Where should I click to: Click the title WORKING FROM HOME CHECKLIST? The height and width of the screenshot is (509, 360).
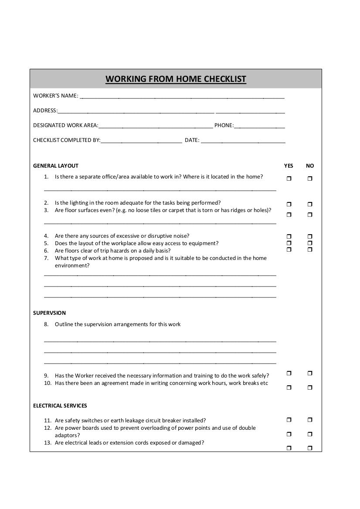tap(176, 79)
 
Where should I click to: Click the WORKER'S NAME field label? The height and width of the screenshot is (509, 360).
tap(55, 96)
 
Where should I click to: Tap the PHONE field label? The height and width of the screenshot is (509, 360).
tap(224, 125)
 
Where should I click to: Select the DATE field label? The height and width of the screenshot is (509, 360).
tap(192, 140)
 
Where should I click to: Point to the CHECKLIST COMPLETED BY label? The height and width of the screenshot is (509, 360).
tap(67, 140)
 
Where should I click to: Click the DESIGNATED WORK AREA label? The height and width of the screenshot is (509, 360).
tap(65, 125)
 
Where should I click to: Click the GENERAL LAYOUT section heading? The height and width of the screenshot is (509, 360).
tap(56, 166)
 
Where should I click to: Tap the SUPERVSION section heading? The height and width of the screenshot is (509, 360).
tap(49, 313)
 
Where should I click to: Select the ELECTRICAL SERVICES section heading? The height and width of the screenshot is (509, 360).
tap(60, 406)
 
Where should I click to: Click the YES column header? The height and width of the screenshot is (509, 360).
tap(289, 166)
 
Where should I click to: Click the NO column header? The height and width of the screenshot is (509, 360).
tap(310, 166)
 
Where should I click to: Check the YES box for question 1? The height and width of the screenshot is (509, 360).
tap(289, 179)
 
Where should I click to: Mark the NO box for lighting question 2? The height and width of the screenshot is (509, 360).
tap(310, 204)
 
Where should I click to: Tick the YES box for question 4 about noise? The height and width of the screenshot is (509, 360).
tap(289, 236)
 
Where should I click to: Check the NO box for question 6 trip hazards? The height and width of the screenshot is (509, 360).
tap(310, 249)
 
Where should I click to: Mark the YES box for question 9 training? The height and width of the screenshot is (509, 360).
tap(289, 373)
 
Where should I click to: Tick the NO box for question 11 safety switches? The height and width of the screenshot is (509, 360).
tap(310, 420)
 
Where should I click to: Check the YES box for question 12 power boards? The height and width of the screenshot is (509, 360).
tap(289, 434)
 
